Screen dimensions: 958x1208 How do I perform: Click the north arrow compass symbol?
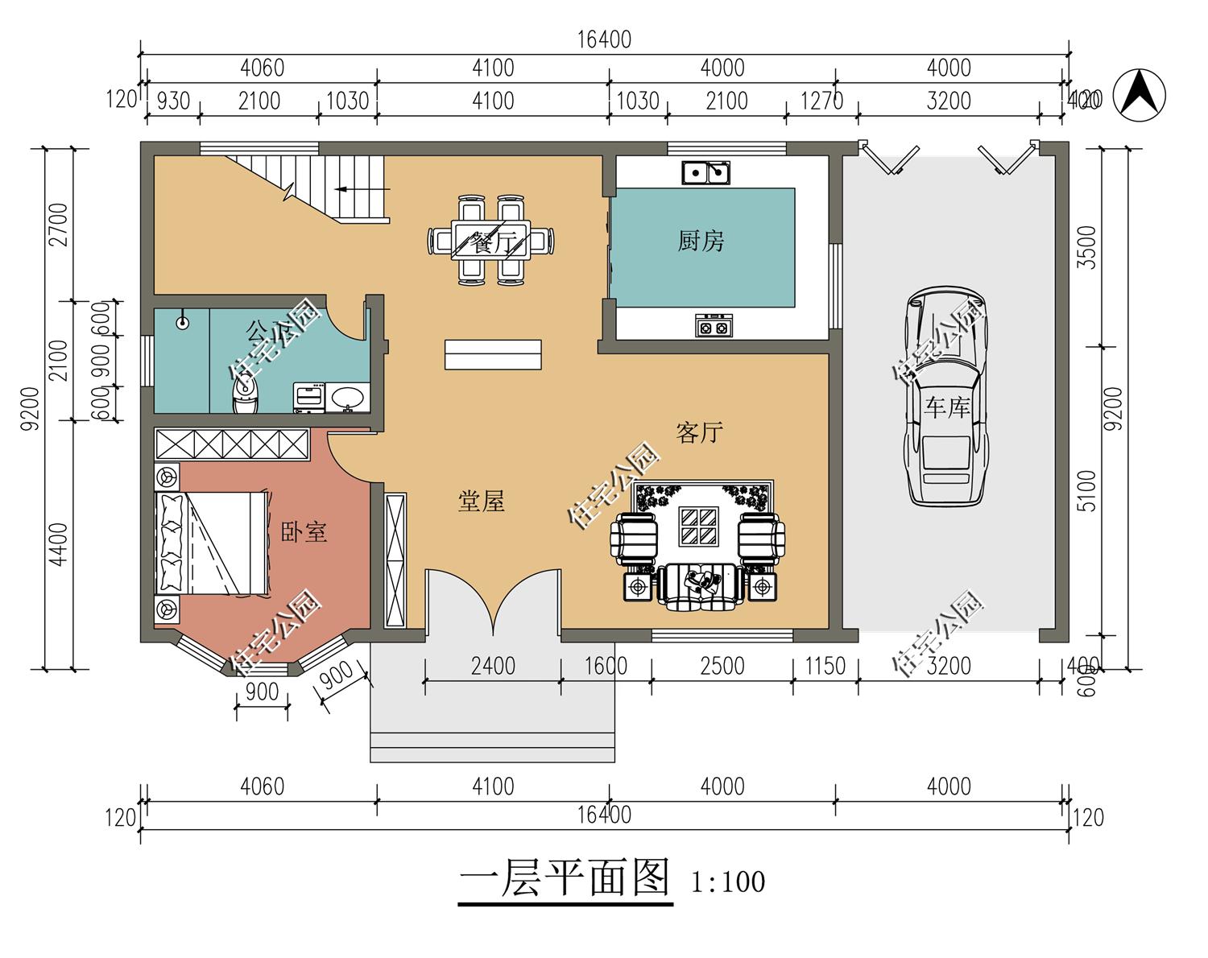[x=1139, y=95]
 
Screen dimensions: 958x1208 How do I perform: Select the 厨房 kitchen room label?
[x=701, y=241]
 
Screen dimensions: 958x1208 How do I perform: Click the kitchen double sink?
[x=706, y=172]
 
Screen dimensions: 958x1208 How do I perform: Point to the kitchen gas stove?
[x=714, y=325]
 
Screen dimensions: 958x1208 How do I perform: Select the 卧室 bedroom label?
[x=304, y=532]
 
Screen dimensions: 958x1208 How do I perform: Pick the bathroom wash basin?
[x=348, y=397]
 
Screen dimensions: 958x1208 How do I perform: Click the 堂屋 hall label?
[x=481, y=502]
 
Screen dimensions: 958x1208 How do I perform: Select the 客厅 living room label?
[x=699, y=432]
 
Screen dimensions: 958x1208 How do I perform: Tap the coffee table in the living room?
[x=698, y=526]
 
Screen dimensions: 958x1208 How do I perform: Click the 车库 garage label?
[x=947, y=407]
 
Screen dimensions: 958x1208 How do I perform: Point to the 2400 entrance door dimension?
[x=493, y=666]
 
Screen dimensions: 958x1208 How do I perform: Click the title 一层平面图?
[x=565, y=878]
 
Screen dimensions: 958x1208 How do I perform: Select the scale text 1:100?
[x=728, y=882]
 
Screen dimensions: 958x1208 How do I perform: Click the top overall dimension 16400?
[x=604, y=39]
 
